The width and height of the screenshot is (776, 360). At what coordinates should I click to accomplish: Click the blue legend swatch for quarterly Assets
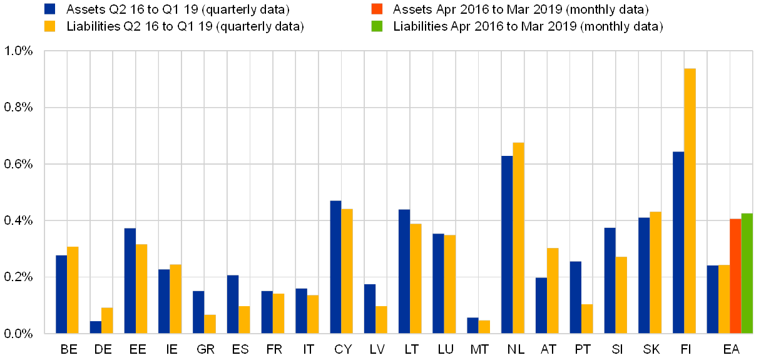49,9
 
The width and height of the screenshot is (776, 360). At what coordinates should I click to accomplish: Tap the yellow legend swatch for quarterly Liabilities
49,26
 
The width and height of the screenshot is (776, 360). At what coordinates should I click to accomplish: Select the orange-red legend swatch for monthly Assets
377,9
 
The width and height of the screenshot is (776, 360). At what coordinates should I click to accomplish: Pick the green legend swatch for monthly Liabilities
377,26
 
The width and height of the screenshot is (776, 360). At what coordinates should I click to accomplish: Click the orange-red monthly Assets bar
735,275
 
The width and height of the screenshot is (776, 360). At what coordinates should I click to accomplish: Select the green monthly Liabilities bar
747,273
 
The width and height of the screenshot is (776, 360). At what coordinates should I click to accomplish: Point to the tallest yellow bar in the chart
690,200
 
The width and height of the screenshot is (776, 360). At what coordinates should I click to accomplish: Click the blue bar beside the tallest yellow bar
678,242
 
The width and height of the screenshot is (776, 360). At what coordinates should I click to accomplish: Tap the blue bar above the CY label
335,267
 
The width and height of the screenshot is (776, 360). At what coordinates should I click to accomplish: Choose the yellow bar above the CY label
347,270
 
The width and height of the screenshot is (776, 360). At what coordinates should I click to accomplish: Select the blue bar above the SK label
644,275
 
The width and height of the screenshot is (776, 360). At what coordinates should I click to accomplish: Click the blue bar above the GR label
198,312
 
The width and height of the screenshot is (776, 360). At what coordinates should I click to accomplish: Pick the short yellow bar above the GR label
210,324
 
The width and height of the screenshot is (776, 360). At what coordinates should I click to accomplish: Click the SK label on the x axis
651,349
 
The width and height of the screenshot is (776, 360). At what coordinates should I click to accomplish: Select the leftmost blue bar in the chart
61,294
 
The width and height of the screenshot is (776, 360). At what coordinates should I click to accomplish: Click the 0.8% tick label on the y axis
21,108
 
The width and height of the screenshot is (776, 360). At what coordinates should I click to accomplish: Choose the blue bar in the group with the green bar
712,299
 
